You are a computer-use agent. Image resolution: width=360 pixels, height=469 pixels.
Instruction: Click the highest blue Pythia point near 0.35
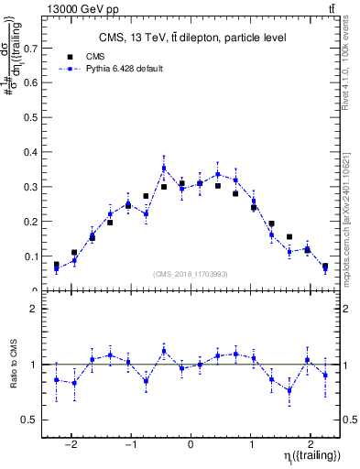point(164,168)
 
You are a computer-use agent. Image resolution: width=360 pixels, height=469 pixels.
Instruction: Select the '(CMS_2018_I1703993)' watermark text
point(191,273)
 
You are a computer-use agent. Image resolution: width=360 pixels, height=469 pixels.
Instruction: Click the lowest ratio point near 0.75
point(289,390)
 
